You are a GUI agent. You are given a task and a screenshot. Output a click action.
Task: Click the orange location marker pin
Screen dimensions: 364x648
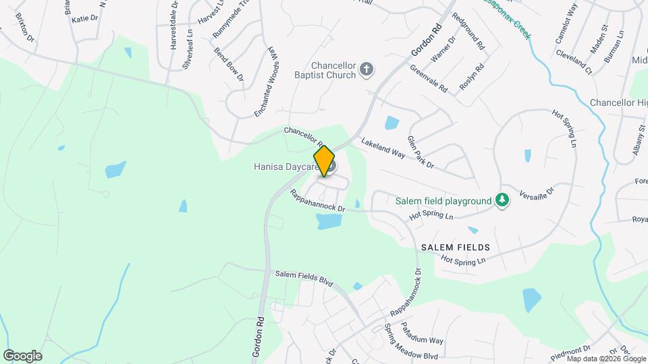click(x=324, y=161)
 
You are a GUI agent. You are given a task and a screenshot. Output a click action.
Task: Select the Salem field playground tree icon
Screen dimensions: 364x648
click(x=502, y=200)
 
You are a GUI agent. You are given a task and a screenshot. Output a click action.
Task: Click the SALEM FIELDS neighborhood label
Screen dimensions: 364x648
click(x=455, y=247)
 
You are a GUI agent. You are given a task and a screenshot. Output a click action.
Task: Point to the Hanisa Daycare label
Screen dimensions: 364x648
click(x=286, y=166)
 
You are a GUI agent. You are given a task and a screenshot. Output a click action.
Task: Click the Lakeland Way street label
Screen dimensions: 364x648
click(x=383, y=148)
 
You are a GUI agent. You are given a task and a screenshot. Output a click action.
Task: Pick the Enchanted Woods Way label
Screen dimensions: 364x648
click(x=265, y=83)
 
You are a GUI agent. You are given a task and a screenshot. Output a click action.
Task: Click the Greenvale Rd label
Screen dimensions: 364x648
click(x=429, y=78)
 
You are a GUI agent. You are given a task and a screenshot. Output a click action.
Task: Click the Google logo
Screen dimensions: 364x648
click(x=23, y=355)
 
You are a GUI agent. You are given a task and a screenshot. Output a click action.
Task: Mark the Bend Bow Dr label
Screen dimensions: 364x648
click(x=228, y=65)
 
